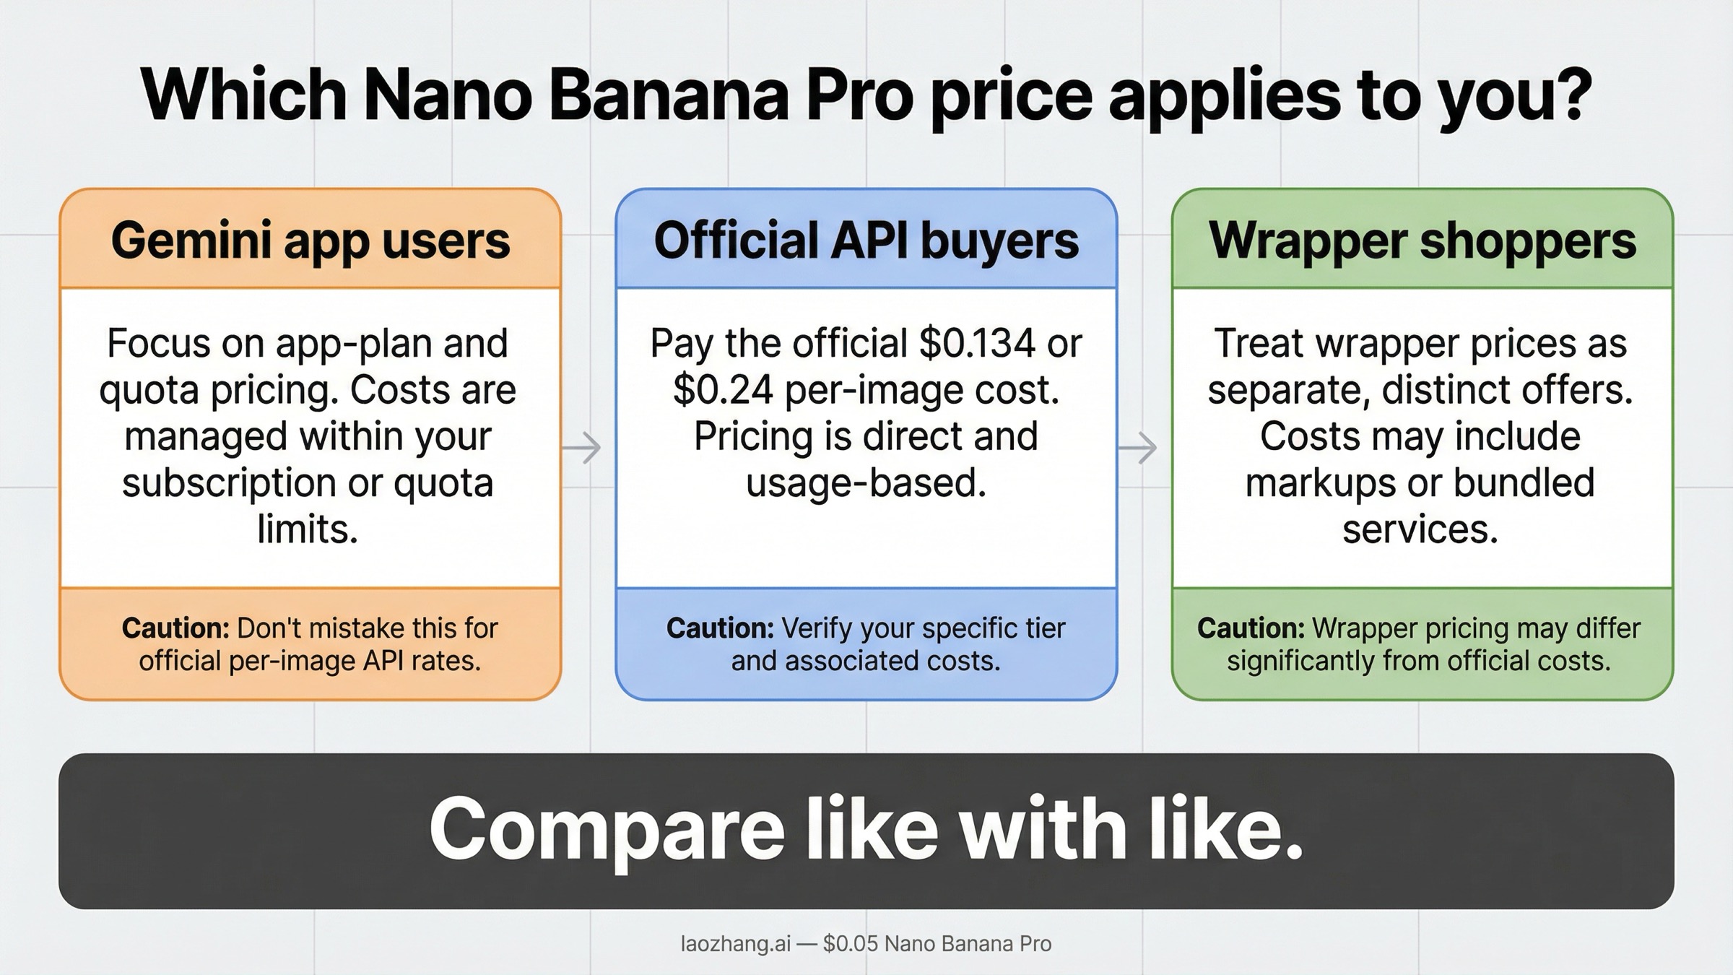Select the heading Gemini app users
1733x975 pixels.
[310, 240]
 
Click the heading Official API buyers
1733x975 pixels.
[866, 240]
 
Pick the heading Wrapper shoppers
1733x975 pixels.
[1423, 240]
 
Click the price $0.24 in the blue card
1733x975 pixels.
[723, 390]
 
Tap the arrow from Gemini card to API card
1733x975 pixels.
[582, 448]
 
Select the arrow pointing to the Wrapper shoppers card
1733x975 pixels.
[1138, 448]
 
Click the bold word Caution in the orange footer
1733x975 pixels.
[175, 628]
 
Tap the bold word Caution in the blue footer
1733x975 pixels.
[720, 628]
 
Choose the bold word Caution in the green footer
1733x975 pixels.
[1251, 628]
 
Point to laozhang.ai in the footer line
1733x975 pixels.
[735, 944]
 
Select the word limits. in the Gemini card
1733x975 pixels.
[308, 529]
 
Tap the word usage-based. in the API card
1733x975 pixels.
[866, 483]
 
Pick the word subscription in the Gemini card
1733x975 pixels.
[227, 483]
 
